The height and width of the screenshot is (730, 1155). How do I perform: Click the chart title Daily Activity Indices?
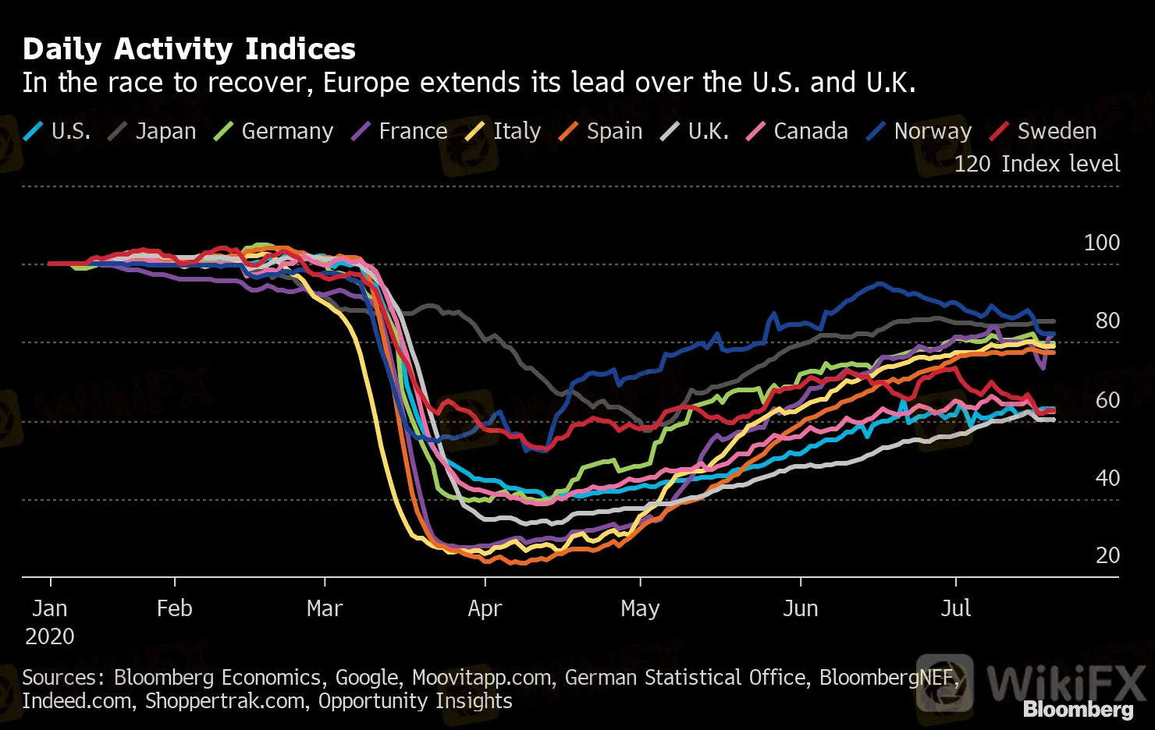(x=189, y=49)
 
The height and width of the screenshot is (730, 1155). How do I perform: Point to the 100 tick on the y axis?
(x=1101, y=243)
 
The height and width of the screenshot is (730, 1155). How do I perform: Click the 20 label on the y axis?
(x=1107, y=555)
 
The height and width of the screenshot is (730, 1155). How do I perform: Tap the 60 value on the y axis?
(x=1107, y=400)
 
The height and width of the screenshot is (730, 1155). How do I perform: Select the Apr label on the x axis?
(x=485, y=608)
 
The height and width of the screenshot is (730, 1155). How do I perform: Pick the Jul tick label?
(x=955, y=608)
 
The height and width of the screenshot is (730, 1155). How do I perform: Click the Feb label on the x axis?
(x=174, y=608)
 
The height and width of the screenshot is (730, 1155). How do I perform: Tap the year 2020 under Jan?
(x=49, y=636)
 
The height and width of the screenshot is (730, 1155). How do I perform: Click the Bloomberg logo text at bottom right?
(x=1078, y=709)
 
